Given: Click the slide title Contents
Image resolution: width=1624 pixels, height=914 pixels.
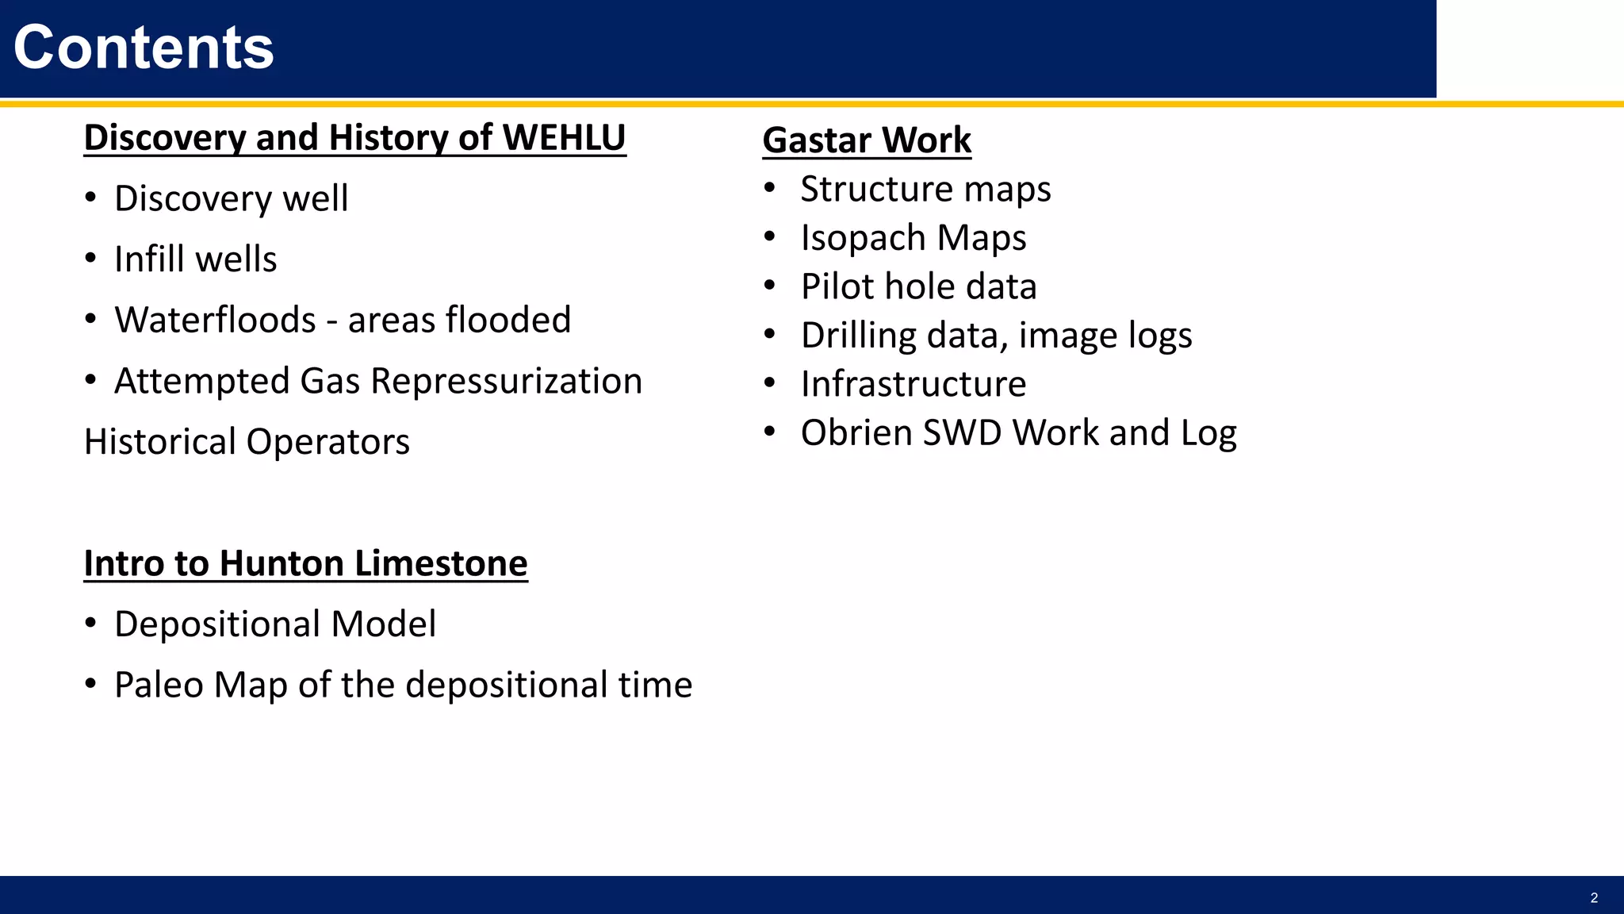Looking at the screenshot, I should click(x=144, y=48).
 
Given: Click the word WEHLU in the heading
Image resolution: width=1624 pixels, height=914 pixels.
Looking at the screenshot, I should click(x=564, y=137).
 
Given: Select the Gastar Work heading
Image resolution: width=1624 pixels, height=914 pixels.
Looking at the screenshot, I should click(x=867, y=140).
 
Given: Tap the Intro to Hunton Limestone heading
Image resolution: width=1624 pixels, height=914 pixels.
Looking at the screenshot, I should click(x=305, y=563).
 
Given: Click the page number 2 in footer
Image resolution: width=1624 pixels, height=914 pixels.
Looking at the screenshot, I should click(x=1594, y=898).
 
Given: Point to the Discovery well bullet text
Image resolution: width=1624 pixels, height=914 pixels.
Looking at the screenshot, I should click(x=231, y=198).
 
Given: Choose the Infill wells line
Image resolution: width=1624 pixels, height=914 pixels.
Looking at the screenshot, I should click(x=195, y=259).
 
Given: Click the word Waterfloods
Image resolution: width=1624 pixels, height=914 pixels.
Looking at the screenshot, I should click(x=215, y=320).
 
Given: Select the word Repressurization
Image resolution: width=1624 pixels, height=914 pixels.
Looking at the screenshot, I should click(x=506, y=382).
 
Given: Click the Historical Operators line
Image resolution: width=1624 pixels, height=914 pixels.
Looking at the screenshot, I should click(x=247, y=442).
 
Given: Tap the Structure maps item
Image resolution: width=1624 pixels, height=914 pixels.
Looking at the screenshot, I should click(x=925, y=190).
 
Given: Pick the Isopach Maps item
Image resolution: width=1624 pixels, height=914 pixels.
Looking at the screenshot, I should click(x=913, y=238).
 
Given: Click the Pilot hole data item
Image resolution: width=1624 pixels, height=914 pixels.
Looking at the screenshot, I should click(x=918, y=287).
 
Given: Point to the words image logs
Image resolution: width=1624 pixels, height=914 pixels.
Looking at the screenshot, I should click(x=1105, y=336).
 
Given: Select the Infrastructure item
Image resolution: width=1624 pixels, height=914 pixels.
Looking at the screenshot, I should click(x=913, y=384).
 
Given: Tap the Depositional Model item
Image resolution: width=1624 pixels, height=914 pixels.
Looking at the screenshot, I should click(x=274, y=624).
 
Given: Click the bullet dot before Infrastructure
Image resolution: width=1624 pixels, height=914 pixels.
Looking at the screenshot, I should click(x=769, y=384).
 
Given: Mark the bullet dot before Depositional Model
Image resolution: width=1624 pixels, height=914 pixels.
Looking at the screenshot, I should click(x=90, y=624).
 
